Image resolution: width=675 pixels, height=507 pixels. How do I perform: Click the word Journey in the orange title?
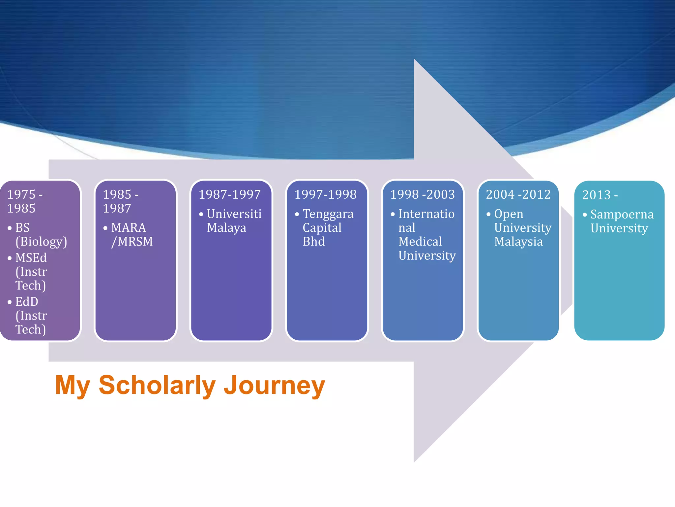(x=274, y=386)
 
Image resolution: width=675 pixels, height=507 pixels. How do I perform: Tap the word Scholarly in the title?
(x=157, y=386)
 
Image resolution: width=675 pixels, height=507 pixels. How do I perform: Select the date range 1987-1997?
(x=230, y=194)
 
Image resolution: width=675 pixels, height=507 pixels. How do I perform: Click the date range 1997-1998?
(x=325, y=194)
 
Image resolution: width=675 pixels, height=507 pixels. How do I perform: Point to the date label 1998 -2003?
(x=422, y=194)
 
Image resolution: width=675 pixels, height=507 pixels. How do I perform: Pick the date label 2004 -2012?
(x=518, y=194)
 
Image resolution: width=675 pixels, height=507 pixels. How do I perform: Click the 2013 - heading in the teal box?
(x=600, y=195)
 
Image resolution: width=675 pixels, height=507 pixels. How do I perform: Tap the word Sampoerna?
(x=622, y=215)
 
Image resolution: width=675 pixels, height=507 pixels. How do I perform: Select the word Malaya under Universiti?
(x=226, y=228)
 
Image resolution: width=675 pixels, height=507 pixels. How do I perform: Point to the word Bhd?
(x=313, y=242)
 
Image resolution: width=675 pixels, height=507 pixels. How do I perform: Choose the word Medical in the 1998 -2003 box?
(x=420, y=242)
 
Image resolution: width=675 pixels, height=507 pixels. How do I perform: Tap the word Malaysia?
(x=518, y=242)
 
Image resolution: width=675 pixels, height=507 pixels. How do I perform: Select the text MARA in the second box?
(x=128, y=228)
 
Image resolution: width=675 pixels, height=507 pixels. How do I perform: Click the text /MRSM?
(x=132, y=242)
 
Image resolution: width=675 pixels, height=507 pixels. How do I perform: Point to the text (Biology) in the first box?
(x=41, y=242)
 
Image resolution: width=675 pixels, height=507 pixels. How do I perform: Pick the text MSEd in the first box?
(x=31, y=258)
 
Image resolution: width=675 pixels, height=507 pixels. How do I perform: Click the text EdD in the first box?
(x=27, y=302)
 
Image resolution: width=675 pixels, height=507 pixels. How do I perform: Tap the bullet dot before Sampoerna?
(x=585, y=215)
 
